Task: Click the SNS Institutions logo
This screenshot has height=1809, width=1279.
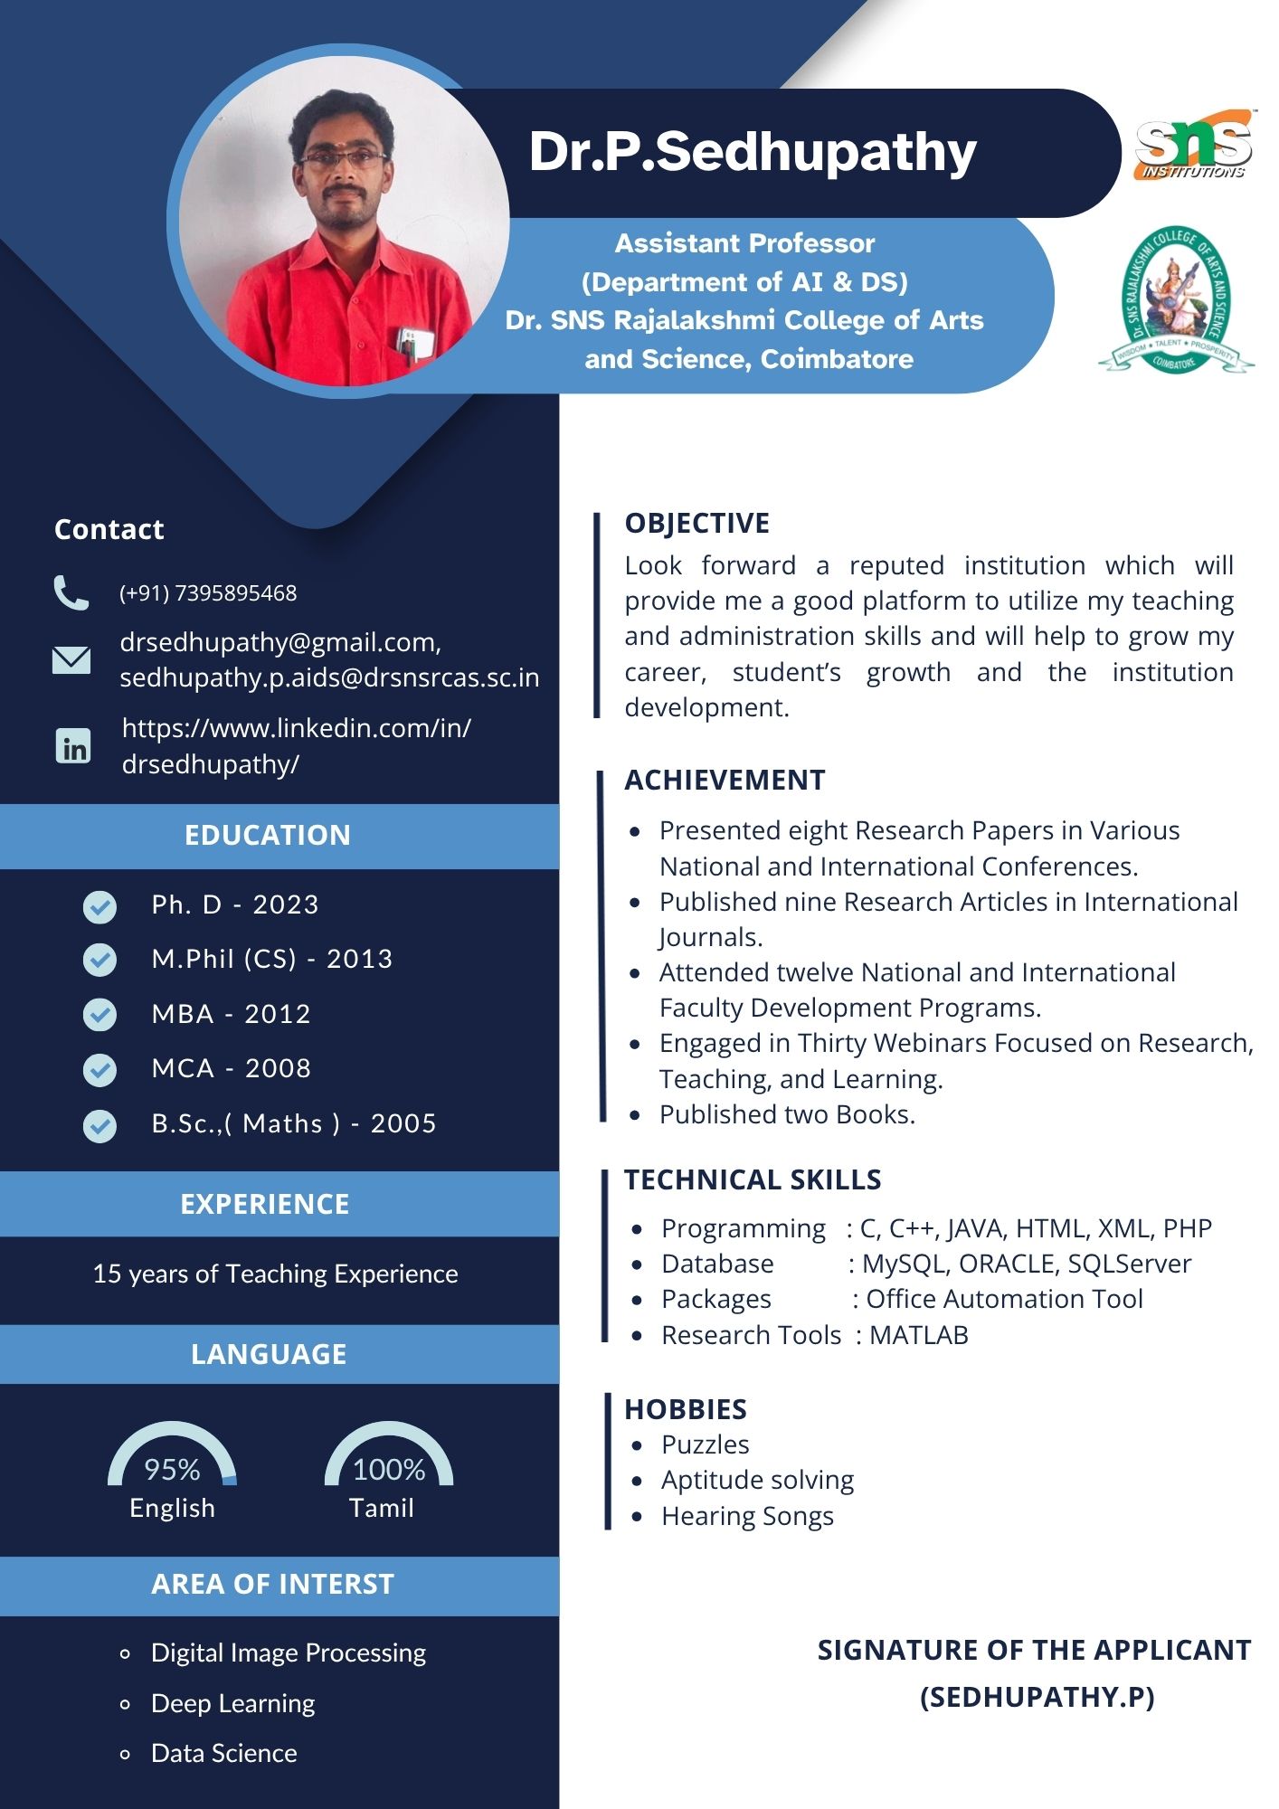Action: pyautogui.click(x=1193, y=145)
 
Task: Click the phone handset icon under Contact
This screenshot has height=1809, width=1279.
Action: pyautogui.click(x=71, y=592)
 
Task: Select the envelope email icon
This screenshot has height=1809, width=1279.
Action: pyautogui.click(x=71, y=659)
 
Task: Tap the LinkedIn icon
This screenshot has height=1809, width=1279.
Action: pyautogui.click(x=73, y=746)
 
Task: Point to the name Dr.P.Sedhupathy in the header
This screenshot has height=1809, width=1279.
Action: pyautogui.click(x=753, y=151)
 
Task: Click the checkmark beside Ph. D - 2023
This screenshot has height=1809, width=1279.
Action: pyautogui.click(x=99, y=906)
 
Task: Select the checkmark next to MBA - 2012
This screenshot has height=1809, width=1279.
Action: pyautogui.click(x=99, y=1015)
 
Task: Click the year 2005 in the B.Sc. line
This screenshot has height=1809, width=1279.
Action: pyautogui.click(x=403, y=1123)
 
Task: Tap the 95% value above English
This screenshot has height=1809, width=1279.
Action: pyautogui.click(x=172, y=1469)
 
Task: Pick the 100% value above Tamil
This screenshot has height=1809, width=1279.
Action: pyautogui.click(x=389, y=1469)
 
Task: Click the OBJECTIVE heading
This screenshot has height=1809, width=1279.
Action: pyautogui.click(x=697, y=523)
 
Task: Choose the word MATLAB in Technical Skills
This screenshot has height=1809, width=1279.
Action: pyautogui.click(x=918, y=1335)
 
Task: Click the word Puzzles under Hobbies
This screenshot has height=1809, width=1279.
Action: pyautogui.click(x=705, y=1444)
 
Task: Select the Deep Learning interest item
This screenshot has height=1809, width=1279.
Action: pyautogui.click(x=232, y=1703)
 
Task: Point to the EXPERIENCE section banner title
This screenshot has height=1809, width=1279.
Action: pyautogui.click(x=265, y=1204)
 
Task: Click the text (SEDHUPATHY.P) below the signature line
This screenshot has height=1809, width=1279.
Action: pyautogui.click(x=1037, y=1697)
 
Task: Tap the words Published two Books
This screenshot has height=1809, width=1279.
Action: pyautogui.click(x=787, y=1114)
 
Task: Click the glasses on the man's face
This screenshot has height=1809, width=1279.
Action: pyautogui.click(x=342, y=159)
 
